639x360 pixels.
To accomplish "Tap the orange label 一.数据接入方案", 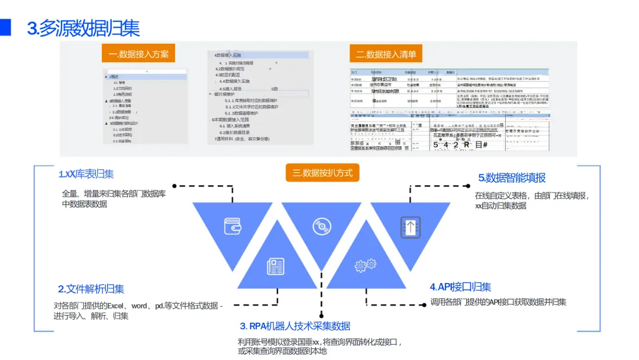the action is click(x=139, y=54).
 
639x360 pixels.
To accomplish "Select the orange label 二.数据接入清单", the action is click(x=386, y=54).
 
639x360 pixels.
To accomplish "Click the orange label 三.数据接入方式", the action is click(x=322, y=173).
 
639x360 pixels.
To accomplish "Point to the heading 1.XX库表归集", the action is click(x=86, y=174).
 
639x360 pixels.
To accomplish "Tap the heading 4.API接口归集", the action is click(x=460, y=287).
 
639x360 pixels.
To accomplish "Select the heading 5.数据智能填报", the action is click(x=512, y=178).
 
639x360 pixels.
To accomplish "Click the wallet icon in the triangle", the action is click(x=232, y=226).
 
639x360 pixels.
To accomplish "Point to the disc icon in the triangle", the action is click(x=321, y=226).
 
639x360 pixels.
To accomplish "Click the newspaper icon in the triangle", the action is click(x=276, y=265).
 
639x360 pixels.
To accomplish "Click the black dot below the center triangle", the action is click(x=321, y=314).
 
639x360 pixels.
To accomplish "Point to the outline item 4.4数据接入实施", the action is click(x=235, y=81).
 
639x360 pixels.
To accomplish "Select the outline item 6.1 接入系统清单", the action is click(x=235, y=126).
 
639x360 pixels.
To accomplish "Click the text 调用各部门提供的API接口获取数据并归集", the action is click(x=498, y=302).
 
